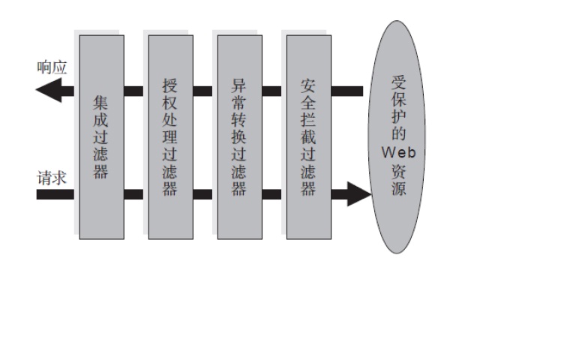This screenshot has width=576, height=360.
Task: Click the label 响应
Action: click(52, 68)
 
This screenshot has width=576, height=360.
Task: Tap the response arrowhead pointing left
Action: click(45, 91)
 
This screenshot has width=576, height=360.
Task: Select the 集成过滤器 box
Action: click(101, 136)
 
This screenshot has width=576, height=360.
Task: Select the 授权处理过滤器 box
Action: click(170, 136)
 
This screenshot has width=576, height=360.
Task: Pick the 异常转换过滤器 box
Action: click(239, 136)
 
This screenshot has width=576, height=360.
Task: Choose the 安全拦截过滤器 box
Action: click(308, 136)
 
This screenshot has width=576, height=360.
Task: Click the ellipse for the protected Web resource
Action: click(397, 136)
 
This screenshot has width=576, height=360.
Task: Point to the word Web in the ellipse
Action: click(398, 152)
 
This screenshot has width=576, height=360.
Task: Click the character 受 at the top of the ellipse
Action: click(398, 82)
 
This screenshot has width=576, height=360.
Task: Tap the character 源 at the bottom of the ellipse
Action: click(398, 188)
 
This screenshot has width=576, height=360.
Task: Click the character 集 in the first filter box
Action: click(101, 101)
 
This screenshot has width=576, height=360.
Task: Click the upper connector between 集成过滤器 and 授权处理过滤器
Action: click(136, 91)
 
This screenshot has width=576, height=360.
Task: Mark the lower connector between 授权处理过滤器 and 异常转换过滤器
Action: click(205, 194)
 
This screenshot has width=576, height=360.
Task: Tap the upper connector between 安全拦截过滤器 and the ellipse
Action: click(347, 91)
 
